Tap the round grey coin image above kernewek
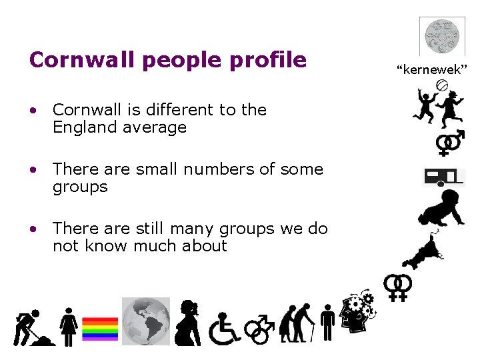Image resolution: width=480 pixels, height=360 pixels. (x=442, y=35)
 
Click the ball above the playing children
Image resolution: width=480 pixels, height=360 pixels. (x=441, y=85)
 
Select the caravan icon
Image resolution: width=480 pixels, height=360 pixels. (x=444, y=176)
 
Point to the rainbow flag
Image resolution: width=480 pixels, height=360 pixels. (x=100, y=329)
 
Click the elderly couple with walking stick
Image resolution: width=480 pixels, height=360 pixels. (x=297, y=322)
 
